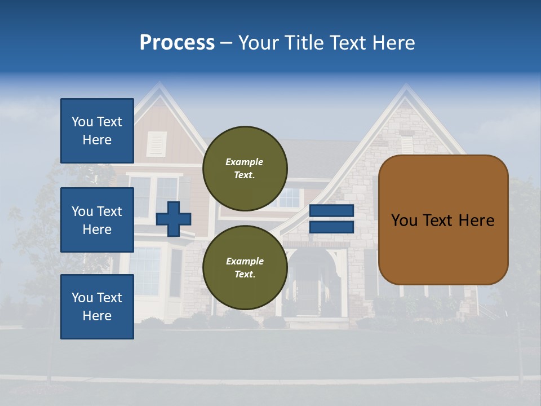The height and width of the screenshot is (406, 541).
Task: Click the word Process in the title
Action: (x=177, y=43)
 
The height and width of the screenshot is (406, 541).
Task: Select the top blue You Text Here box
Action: (x=97, y=131)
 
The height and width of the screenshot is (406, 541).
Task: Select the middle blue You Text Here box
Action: (x=97, y=220)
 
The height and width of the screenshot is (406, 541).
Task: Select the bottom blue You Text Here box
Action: (x=97, y=306)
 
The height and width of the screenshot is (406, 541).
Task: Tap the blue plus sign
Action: (x=174, y=219)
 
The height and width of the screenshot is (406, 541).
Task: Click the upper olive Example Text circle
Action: (x=245, y=168)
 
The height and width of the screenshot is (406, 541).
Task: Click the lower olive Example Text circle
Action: (x=245, y=267)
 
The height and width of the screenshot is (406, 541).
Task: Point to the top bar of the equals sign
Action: (x=331, y=211)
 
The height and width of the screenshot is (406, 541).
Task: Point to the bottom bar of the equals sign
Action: (x=331, y=227)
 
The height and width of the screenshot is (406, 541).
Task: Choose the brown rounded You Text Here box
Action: (x=444, y=220)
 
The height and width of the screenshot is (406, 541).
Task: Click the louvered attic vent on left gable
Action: (x=157, y=144)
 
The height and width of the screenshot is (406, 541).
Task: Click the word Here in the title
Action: (x=393, y=43)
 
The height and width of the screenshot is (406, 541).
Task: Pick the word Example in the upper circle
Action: (x=245, y=162)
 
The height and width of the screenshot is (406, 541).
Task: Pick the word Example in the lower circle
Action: (x=245, y=261)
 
